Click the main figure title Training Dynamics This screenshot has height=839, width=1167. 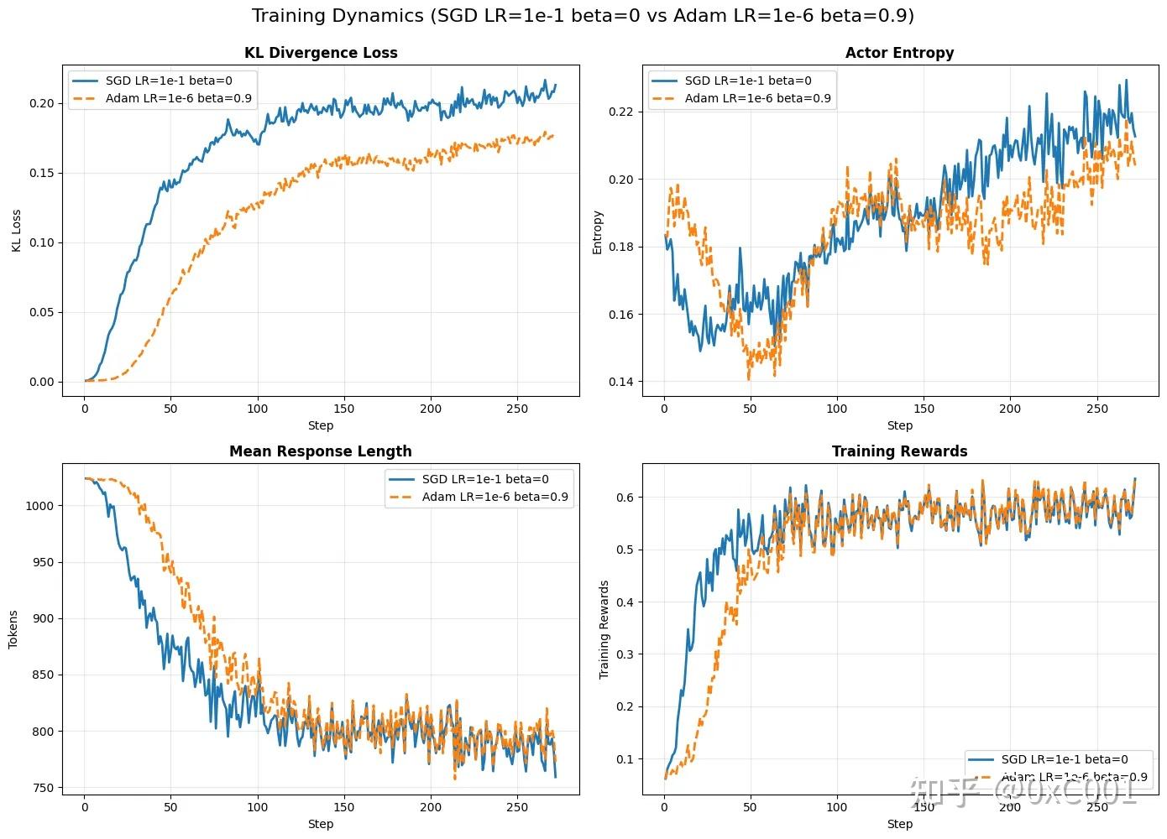click(583, 16)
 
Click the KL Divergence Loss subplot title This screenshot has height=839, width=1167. click(321, 53)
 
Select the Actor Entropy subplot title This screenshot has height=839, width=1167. click(899, 53)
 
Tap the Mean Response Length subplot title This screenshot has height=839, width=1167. click(321, 451)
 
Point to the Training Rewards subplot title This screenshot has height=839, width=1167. click(899, 451)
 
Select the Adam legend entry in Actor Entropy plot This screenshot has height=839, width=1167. click(757, 99)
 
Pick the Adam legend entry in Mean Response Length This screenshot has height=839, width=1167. click(495, 497)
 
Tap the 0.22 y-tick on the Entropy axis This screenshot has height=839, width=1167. click(622, 112)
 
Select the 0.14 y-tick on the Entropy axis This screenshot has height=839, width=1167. click(622, 383)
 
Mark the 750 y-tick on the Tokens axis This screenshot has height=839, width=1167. click(43, 788)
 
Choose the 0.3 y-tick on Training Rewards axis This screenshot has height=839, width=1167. click(625, 654)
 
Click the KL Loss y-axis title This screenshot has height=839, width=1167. click(15, 231)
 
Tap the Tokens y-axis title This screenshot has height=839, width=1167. click(13, 629)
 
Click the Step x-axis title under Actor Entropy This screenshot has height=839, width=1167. click(899, 425)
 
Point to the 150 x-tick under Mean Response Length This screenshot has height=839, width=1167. click(344, 807)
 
